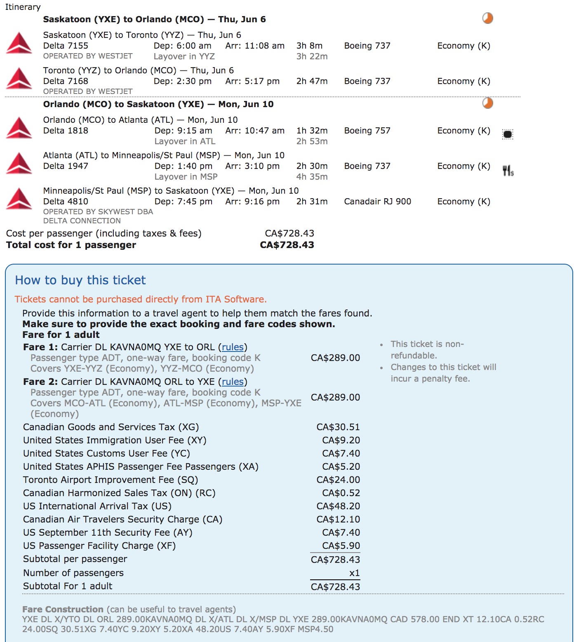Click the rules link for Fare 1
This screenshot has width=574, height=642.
(x=233, y=347)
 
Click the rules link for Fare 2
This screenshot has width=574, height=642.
(x=233, y=382)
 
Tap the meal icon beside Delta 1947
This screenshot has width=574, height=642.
(x=508, y=170)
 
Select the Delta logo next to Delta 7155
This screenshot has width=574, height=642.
(x=19, y=43)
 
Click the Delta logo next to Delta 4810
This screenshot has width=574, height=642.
(x=19, y=199)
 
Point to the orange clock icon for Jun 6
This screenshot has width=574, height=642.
(x=487, y=19)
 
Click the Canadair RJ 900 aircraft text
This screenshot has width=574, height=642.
(x=377, y=202)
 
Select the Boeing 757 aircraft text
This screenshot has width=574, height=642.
(x=367, y=131)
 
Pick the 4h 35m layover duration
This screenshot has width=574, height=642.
(x=312, y=177)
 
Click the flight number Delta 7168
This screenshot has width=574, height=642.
(x=66, y=81)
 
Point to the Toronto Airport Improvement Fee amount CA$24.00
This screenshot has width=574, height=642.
(x=338, y=480)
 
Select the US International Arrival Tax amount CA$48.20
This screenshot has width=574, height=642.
(x=338, y=506)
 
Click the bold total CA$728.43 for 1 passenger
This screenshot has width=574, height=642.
(x=287, y=245)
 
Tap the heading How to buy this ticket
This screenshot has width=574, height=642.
(x=80, y=280)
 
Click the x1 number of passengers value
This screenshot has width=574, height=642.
(x=354, y=573)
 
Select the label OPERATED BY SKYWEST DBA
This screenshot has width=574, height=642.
(x=98, y=212)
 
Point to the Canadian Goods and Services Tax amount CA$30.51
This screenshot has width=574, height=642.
(x=338, y=427)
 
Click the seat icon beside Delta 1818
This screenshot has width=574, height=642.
(x=508, y=134)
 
